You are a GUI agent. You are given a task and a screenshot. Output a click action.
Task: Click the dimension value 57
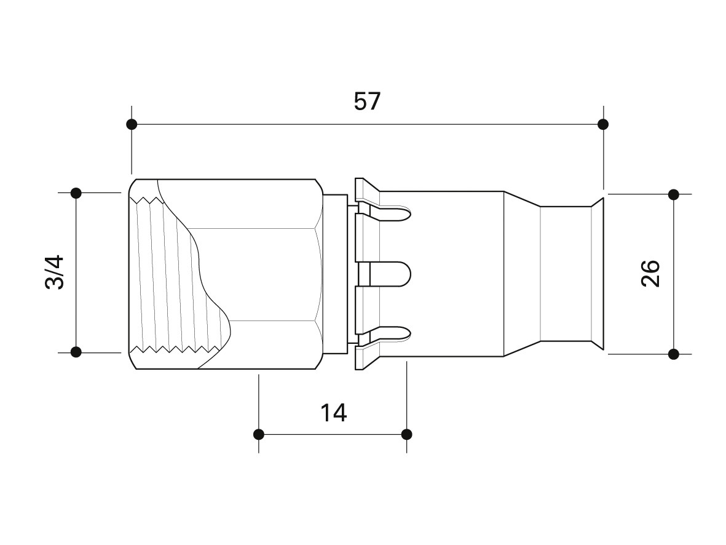tap(367, 101)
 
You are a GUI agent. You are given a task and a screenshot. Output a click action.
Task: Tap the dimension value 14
tap(333, 413)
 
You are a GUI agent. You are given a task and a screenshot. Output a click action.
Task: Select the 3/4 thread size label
tap(55, 272)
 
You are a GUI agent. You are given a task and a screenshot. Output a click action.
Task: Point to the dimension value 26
tap(650, 274)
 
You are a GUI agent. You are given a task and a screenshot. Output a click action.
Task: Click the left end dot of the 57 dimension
tap(132, 124)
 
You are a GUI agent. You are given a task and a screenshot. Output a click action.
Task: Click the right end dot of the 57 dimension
tap(603, 124)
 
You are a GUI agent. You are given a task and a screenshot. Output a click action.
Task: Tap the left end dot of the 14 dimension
tap(259, 434)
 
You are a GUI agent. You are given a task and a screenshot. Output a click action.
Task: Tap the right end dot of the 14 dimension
tap(406, 434)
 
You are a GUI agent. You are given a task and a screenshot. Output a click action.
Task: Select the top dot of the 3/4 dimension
tap(76, 193)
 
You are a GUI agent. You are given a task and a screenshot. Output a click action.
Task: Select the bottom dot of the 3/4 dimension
tap(76, 352)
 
